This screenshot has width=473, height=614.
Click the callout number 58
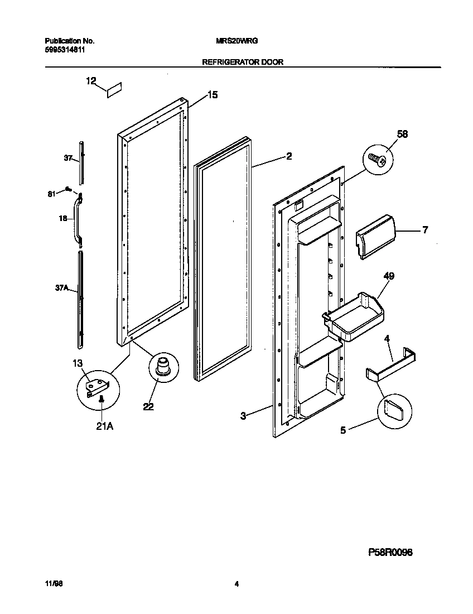(x=402, y=134)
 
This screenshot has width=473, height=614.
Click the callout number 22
(x=148, y=407)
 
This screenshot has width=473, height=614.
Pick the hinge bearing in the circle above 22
(x=162, y=367)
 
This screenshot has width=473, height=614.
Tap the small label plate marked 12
(x=114, y=90)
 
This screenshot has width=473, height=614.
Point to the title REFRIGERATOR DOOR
(x=242, y=63)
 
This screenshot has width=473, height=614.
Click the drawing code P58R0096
(x=390, y=552)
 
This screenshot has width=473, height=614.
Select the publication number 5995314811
(x=65, y=50)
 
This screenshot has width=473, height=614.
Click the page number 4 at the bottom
(x=236, y=584)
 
